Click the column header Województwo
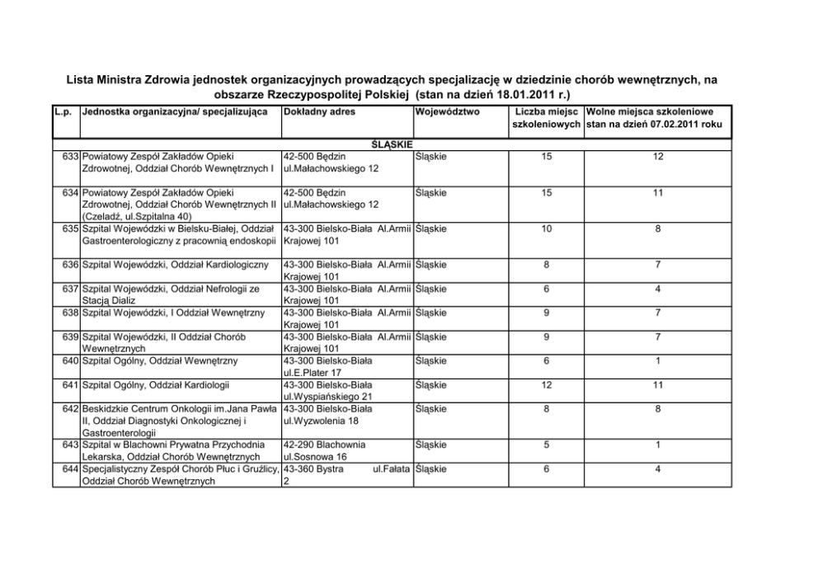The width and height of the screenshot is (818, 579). pos(449,111)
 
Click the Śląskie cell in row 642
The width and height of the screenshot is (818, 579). pos(431,408)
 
